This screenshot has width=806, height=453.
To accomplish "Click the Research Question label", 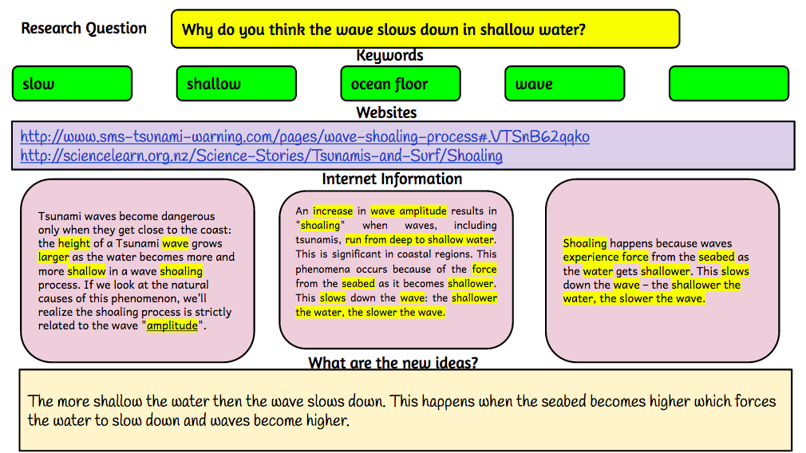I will pyautogui.click(x=84, y=29).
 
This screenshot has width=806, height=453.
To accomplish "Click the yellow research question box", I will pyautogui.click(x=425, y=30).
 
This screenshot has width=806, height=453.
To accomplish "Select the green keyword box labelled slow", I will pyautogui.click(x=72, y=84).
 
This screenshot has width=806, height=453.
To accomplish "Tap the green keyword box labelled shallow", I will pyautogui.click(x=235, y=84).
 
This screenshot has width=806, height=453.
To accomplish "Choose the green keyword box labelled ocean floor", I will pyautogui.click(x=400, y=84).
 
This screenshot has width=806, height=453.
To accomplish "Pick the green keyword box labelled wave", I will pyautogui.click(x=564, y=84).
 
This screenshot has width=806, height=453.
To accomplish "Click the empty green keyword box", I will pyautogui.click(x=728, y=84).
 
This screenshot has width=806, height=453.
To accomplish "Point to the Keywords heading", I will pyautogui.click(x=389, y=55).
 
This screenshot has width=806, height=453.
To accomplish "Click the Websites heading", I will pyautogui.click(x=386, y=112).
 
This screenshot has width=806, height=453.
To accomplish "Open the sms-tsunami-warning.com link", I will pyautogui.click(x=305, y=136).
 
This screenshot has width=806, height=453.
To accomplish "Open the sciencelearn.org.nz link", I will pyautogui.click(x=261, y=156).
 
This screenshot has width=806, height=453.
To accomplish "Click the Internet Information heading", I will pyautogui.click(x=392, y=179).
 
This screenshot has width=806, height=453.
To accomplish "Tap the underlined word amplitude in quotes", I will pyautogui.click(x=172, y=325).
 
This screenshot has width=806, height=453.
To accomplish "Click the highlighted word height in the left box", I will pyautogui.click(x=74, y=243).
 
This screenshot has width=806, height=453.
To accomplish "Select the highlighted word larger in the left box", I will pyautogui.click(x=53, y=257).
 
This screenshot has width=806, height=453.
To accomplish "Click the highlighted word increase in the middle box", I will pyautogui.click(x=332, y=211).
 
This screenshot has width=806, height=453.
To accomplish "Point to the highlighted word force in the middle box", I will pyautogui.click(x=484, y=269).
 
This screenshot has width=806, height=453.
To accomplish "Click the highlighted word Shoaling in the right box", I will pyautogui.click(x=585, y=243).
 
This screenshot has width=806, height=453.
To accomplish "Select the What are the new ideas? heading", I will pyautogui.click(x=393, y=363).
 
